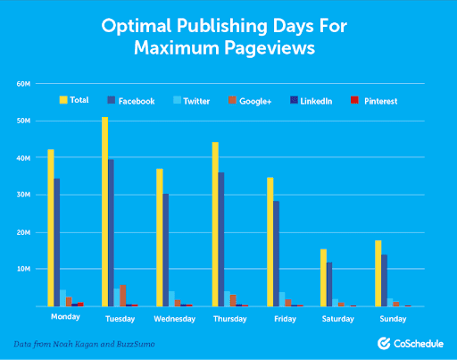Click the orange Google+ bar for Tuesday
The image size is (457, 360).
coord(123,296)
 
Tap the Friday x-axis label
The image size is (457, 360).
coord(283,317)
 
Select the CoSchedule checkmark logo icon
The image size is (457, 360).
coord(383,343)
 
